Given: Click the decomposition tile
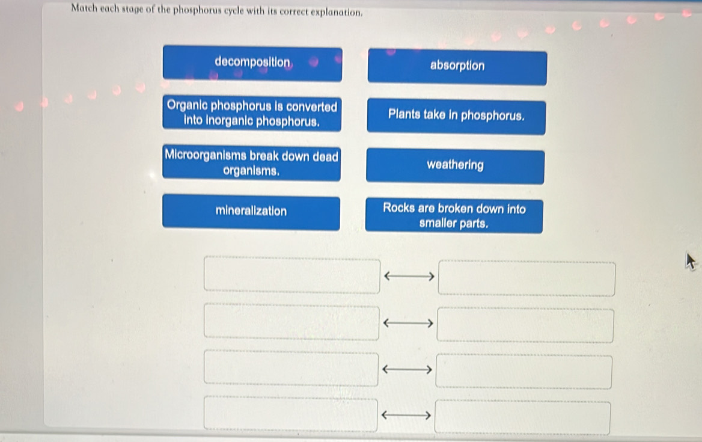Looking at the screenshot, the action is [x=252, y=63].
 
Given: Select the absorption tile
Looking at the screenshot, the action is [x=457, y=67].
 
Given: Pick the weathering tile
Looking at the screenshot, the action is [x=456, y=166].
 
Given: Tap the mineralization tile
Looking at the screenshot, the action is [x=251, y=212].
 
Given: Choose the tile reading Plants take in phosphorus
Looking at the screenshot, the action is [x=456, y=117].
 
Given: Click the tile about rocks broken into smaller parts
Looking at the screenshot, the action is [x=454, y=216].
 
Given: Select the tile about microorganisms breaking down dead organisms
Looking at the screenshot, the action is [x=252, y=163].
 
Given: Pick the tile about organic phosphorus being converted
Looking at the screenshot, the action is [x=252, y=114].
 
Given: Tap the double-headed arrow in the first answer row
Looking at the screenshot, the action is [x=409, y=277].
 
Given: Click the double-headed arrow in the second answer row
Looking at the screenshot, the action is [x=408, y=323].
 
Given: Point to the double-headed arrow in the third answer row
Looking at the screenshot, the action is [x=407, y=369].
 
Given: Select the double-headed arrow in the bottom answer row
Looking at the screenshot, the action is [x=406, y=416].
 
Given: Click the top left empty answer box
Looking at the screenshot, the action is [x=292, y=275].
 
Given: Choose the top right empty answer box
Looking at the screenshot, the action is [x=526, y=278].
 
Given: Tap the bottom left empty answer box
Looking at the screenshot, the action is [x=290, y=414].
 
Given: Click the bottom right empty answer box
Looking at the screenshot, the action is [x=522, y=418].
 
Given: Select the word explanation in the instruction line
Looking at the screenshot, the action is [x=337, y=13].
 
